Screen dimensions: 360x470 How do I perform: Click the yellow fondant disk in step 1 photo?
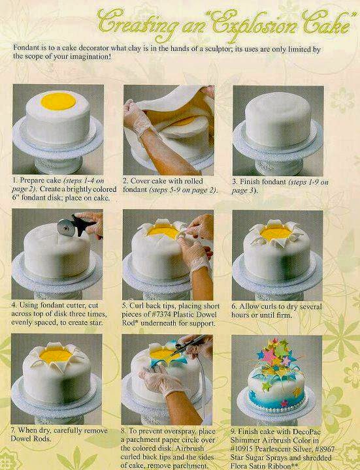58,101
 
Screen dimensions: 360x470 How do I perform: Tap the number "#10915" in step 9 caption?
242,449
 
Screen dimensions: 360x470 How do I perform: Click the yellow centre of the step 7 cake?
56,355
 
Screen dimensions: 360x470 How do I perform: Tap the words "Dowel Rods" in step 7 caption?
31,439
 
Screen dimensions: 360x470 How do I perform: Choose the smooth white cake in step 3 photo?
278,120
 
